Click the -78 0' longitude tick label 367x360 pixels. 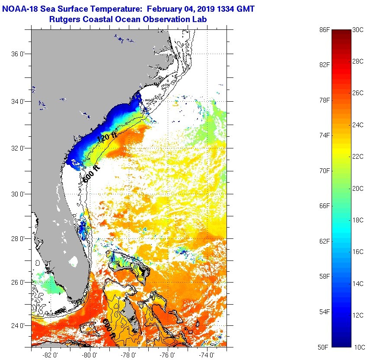(129, 354)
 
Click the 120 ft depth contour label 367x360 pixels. (107, 137)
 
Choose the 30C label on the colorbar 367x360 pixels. (358, 30)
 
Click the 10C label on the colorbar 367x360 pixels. (358, 347)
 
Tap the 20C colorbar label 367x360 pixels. (358, 189)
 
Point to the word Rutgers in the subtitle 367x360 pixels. (64, 19)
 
